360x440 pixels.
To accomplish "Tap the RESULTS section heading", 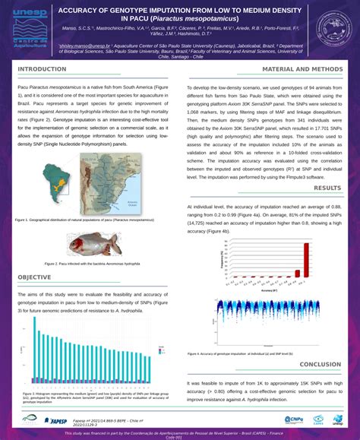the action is pos(327,188).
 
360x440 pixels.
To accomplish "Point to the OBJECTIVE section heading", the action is pos(35,277).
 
